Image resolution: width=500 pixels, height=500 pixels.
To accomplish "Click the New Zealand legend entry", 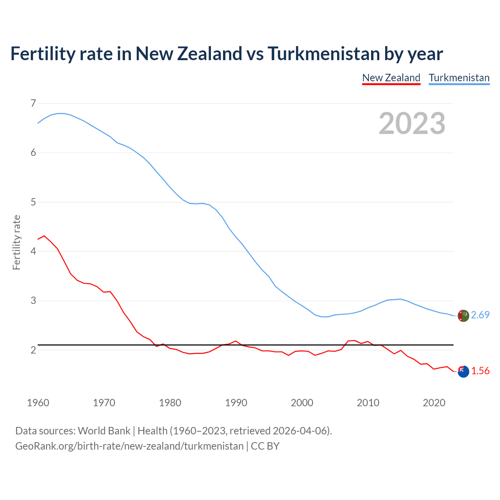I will click(x=391, y=78).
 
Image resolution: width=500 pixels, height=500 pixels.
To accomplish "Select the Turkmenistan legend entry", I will click(x=459, y=78).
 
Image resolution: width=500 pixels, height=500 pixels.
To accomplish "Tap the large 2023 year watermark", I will click(x=412, y=123).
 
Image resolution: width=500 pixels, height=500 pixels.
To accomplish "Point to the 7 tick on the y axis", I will click(x=33, y=103).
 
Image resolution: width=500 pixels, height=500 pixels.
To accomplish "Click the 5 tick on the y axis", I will click(x=33, y=202).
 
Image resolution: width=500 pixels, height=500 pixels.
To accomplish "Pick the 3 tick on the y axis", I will click(x=33, y=300).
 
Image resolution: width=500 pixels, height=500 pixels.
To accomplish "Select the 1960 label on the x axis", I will click(x=38, y=403).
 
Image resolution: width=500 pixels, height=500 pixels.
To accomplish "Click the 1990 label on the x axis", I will click(x=236, y=403).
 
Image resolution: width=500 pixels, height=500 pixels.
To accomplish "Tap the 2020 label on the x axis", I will click(x=434, y=403).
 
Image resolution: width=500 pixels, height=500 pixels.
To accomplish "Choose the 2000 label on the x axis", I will click(x=302, y=403).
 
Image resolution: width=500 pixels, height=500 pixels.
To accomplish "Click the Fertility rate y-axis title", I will click(x=16, y=242).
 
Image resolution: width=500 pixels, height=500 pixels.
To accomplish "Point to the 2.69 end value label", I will click(x=480, y=315).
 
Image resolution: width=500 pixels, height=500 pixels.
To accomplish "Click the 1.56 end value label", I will click(x=480, y=371).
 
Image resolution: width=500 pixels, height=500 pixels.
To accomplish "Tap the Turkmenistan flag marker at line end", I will click(x=463, y=316).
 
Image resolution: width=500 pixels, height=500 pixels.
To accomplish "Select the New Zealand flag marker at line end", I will click(x=463, y=372).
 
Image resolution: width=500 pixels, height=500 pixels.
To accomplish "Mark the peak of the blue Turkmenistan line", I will click(x=61, y=113).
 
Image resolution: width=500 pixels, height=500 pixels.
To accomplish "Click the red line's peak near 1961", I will click(x=44, y=236).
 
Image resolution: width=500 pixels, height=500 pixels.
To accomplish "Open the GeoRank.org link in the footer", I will click(x=129, y=446).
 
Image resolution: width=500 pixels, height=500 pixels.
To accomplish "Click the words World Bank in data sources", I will click(x=104, y=431).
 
